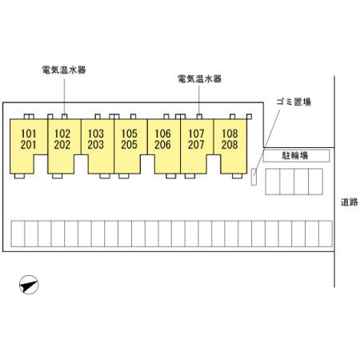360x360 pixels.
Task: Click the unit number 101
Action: pyautogui.click(x=28, y=134)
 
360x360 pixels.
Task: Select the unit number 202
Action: pyautogui.click(x=62, y=145)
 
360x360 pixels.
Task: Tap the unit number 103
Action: pyautogui.click(x=96, y=134)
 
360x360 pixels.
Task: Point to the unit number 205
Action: pyautogui.click(x=129, y=145)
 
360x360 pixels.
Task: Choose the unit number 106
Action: pyautogui.click(x=162, y=134)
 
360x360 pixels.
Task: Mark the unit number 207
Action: pyautogui.click(x=196, y=145)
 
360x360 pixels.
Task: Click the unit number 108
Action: pyautogui.click(x=230, y=134)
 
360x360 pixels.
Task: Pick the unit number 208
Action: pyautogui.click(x=230, y=145)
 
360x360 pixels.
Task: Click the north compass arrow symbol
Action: pyautogui.click(x=29, y=285)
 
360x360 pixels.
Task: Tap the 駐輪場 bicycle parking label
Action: pyautogui.click(x=295, y=155)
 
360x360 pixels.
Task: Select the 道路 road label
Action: pyautogui.click(x=350, y=202)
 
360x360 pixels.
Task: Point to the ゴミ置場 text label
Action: pyautogui.click(x=294, y=102)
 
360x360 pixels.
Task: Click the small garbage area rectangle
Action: pyautogui.click(x=254, y=177)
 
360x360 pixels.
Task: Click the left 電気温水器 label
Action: pyautogui.click(x=64, y=70)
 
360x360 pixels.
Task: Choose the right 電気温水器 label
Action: pyautogui.click(x=199, y=78)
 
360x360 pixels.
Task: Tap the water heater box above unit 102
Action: pyautogui.click(x=64, y=117)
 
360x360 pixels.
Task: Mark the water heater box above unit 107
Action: pyautogui.click(x=199, y=117)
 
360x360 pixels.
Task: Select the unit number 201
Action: pyautogui.click(x=28, y=145)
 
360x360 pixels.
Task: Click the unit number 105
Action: pyautogui.click(x=129, y=134)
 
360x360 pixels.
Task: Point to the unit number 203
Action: pyautogui.click(x=96, y=145)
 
